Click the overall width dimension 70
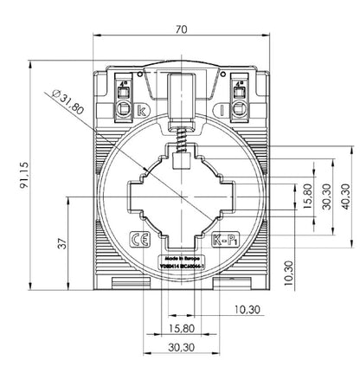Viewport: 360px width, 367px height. [180, 29]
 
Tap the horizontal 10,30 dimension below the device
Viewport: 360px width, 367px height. [247, 309]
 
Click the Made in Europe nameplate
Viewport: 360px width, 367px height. [181, 263]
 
